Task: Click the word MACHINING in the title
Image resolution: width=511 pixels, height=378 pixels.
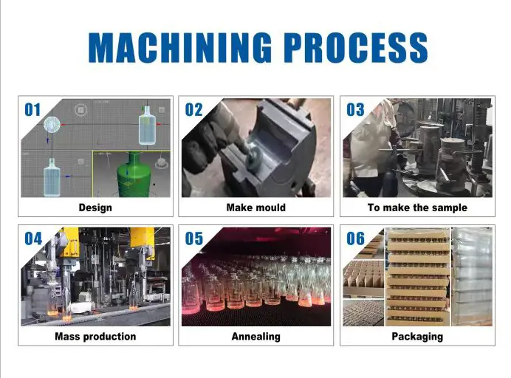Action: [x=180, y=47]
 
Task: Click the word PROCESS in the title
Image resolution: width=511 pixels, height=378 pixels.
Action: [x=356, y=47]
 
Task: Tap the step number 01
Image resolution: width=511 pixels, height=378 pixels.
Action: [x=32, y=110]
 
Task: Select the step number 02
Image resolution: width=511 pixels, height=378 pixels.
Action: [x=194, y=110]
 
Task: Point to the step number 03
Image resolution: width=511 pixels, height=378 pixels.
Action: [x=355, y=110]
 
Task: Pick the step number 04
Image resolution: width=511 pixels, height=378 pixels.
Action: [x=33, y=238]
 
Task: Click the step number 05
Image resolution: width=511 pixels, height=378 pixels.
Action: [x=194, y=238]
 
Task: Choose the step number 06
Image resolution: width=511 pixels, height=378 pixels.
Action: [x=355, y=238]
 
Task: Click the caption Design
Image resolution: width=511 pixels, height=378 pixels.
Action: [x=95, y=208]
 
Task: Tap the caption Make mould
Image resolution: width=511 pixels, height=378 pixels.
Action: [x=255, y=207]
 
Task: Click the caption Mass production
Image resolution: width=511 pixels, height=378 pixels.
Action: [x=95, y=337]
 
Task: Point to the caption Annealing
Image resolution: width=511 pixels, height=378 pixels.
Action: [x=255, y=337]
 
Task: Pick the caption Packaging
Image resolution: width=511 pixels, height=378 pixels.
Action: [x=417, y=337]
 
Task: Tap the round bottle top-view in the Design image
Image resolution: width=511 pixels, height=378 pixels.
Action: [x=52, y=125]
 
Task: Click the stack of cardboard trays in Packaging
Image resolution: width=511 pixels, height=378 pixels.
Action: [x=418, y=277]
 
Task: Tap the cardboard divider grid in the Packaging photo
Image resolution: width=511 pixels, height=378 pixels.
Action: [x=363, y=278]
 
